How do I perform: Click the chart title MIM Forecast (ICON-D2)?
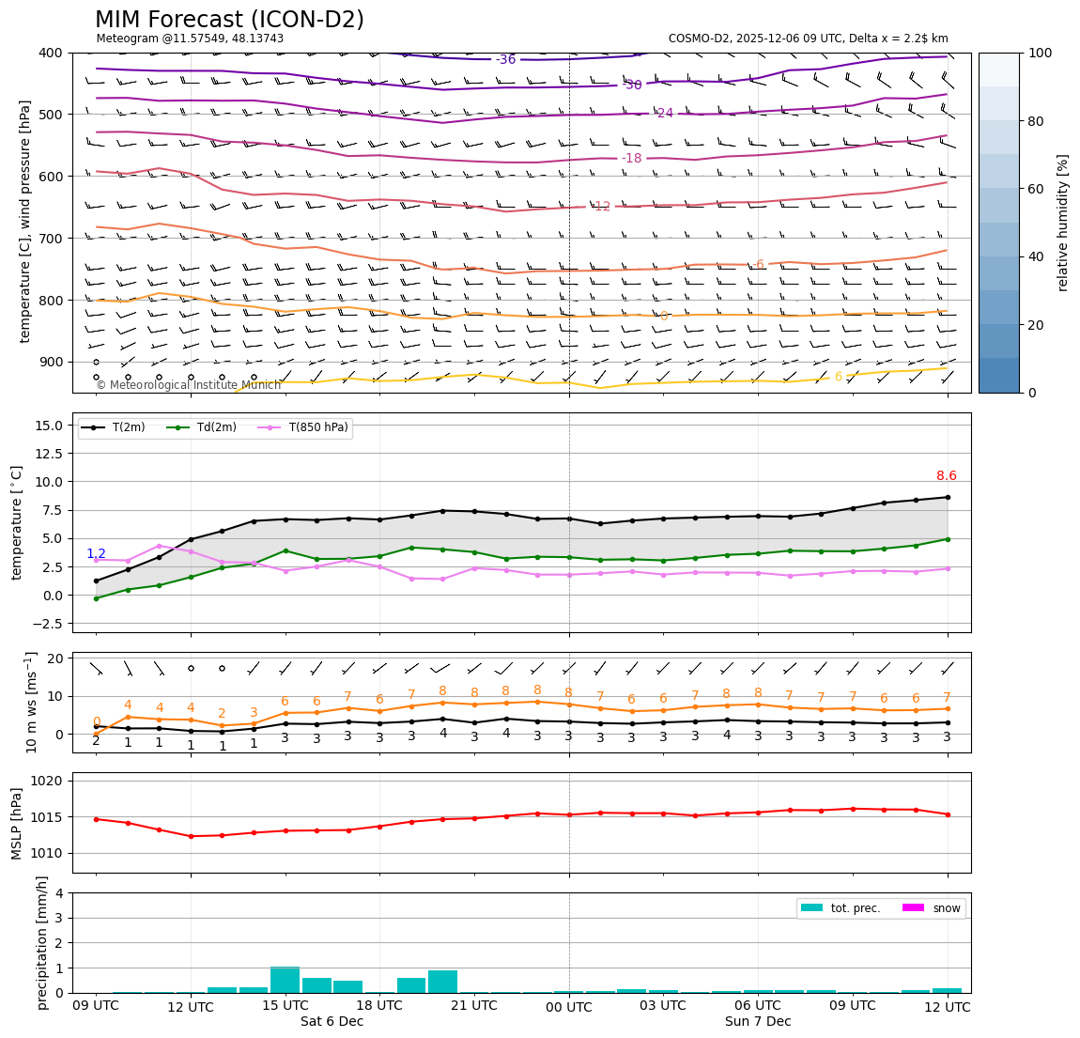[x=229, y=20]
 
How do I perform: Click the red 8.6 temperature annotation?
[x=946, y=476]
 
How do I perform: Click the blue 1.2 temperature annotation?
[x=96, y=554]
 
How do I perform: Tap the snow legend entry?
[x=946, y=908]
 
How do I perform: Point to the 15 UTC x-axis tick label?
[x=285, y=1005]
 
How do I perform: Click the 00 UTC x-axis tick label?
[x=569, y=1007]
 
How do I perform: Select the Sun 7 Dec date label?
[x=757, y=1021]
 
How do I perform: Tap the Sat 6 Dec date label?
[x=332, y=1021]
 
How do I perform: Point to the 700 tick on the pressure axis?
[x=53, y=239]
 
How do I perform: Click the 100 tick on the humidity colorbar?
[x=1041, y=53]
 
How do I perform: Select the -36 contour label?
[x=505, y=60]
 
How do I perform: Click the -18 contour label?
[x=632, y=159]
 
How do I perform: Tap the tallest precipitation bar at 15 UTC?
[x=285, y=979]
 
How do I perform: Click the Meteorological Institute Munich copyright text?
[x=188, y=385]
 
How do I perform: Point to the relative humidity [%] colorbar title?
[x=1063, y=223]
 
